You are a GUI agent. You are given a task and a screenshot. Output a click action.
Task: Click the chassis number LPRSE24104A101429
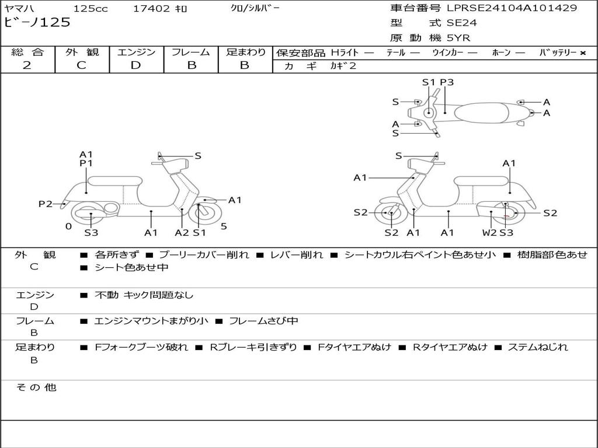[x=512, y=8]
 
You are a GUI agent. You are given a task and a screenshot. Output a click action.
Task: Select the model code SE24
[x=461, y=23]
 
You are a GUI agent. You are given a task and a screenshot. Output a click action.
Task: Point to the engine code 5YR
[x=458, y=38]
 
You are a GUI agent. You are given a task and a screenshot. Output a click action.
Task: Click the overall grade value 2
[x=27, y=65]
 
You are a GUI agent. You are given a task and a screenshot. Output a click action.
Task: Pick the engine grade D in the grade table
[x=135, y=65]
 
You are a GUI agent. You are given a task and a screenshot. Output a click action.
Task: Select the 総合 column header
[x=27, y=52]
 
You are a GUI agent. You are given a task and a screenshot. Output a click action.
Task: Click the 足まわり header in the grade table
[x=245, y=52]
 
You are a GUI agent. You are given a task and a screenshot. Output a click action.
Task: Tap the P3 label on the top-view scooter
[x=447, y=82]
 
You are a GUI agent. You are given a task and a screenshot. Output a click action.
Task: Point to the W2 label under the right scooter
[x=489, y=233]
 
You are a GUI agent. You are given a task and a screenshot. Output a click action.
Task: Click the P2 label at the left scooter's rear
[x=45, y=204]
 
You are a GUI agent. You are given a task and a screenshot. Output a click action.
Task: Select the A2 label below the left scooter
[x=182, y=233]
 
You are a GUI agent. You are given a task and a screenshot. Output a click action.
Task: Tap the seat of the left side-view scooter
[x=114, y=181]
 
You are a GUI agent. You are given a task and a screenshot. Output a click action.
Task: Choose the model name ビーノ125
[x=37, y=23]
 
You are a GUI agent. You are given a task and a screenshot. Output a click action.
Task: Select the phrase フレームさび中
[x=263, y=321]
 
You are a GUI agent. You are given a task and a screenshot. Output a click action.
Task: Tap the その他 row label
[x=36, y=387]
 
